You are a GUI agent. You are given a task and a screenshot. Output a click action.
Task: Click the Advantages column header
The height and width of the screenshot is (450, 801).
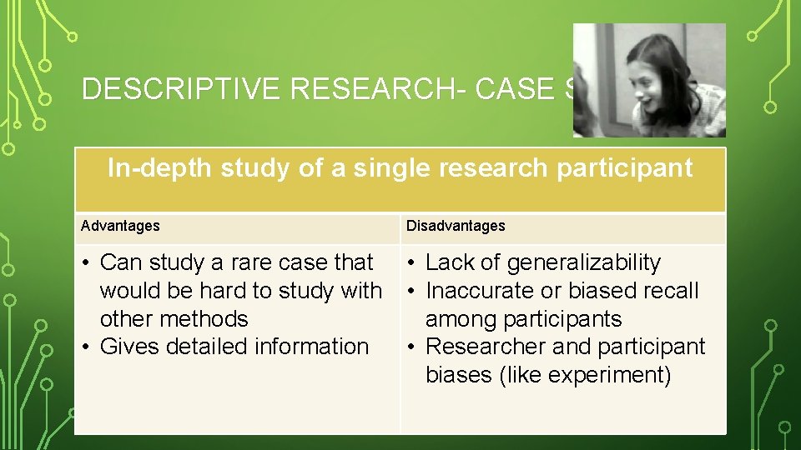(x=120, y=226)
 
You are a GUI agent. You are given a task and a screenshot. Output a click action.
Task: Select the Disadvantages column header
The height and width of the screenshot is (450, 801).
(x=456, y=226)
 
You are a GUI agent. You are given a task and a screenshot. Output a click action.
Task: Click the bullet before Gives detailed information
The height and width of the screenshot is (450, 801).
(x=87, y=347)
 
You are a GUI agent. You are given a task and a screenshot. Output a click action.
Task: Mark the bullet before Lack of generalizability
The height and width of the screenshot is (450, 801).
(x=412, y=263)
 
